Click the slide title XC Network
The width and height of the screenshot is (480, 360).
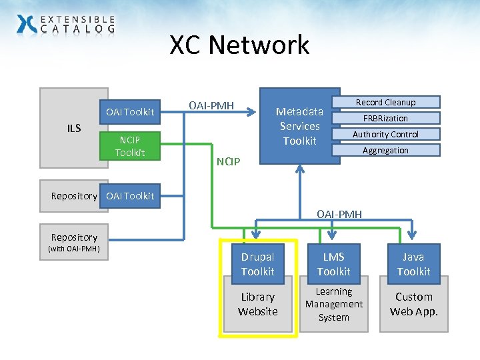point(239,45)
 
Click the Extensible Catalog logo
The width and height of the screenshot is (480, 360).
point(65,25)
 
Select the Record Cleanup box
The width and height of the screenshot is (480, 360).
point(385,102)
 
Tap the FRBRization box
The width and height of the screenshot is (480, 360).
point(385,118)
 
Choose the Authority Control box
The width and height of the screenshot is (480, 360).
point(385,134)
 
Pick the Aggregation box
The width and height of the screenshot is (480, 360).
point(385,150)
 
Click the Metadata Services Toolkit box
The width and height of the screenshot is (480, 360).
point(299,126)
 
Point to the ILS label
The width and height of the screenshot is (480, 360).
point(73,128)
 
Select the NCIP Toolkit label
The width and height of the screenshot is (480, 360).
point(129,146)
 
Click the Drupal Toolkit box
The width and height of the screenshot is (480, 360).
point(257,264)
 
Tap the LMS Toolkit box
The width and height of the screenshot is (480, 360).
point(333,264)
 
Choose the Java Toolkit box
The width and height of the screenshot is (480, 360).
point(413,264)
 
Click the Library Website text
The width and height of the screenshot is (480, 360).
point(257,304)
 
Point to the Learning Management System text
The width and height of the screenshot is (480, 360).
point(333,304)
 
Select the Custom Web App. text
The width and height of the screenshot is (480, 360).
point(413,304)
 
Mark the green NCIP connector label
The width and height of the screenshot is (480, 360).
point(229,161)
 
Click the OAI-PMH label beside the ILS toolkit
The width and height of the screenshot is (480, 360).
point(211,105)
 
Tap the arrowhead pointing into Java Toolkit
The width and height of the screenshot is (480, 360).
point(413,236)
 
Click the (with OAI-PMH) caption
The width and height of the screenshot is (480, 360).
point(74,249)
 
